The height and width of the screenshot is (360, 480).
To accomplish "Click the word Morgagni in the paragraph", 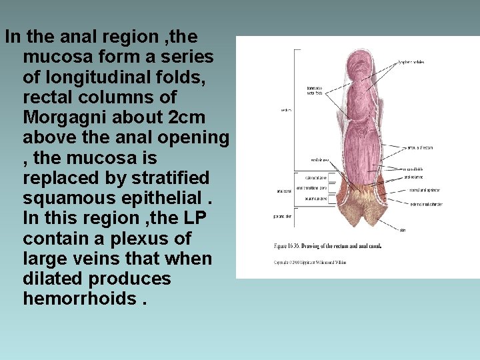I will pos(61,117).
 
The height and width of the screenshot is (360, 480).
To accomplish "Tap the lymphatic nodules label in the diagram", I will pos(411,62).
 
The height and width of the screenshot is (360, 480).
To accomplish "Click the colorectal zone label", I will pos(315,178).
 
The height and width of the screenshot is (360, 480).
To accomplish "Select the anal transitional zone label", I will pos(315,189).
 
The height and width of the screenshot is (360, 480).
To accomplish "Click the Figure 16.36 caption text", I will pos(327,245).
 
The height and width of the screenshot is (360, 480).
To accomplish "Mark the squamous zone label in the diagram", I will pos(315,199).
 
